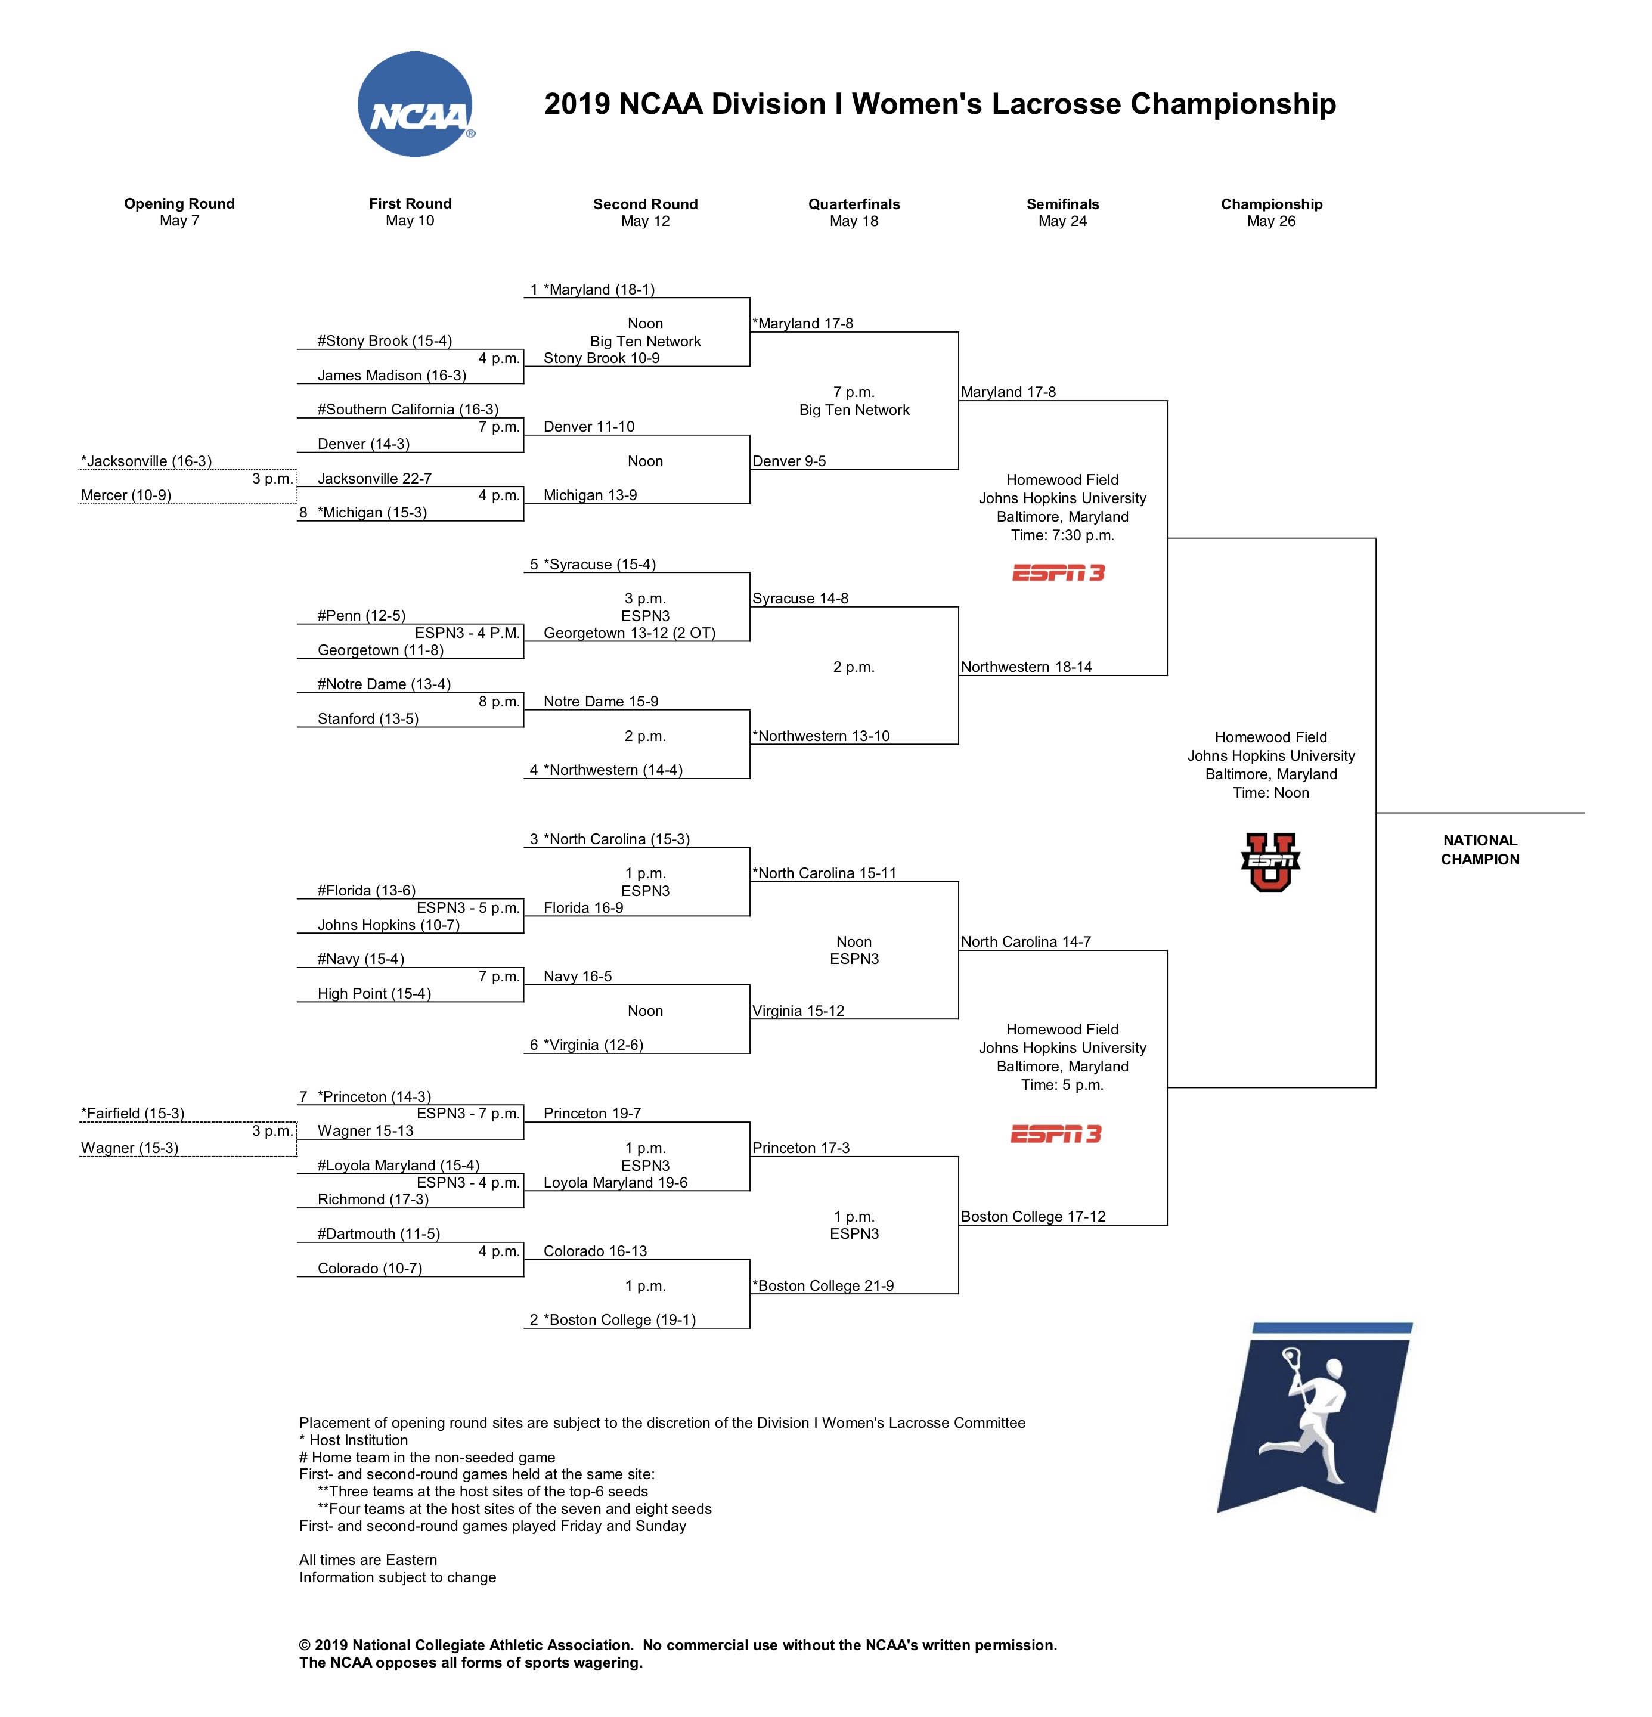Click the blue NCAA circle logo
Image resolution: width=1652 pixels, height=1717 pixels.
(x=415, y=104)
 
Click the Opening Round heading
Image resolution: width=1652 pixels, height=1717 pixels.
(x=179, y=203)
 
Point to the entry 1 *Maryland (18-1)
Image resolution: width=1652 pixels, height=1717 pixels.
(x=593, y=289)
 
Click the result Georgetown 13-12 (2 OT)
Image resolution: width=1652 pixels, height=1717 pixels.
(x=629, y=633)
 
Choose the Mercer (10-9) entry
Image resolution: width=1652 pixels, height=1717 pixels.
(x=126, y=495)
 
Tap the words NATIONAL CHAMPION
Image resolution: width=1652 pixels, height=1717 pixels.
(x=1480, y=849)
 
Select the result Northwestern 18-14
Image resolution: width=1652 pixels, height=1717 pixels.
(x=1025, y=667)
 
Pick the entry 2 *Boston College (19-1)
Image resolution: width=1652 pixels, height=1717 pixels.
(x=612, y=1319)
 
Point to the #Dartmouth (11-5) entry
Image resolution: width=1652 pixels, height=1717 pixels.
(x=379, y=1233)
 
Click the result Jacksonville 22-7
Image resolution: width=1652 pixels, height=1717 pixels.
(x=374, y=478)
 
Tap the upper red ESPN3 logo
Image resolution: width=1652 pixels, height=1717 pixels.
(x=1058, y=573)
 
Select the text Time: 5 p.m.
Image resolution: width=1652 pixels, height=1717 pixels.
(x=1062, y=1084)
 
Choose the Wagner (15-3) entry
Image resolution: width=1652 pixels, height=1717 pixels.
(x=129, y=1148)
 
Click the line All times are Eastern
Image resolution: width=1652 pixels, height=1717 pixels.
(x=368, y=1560)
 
